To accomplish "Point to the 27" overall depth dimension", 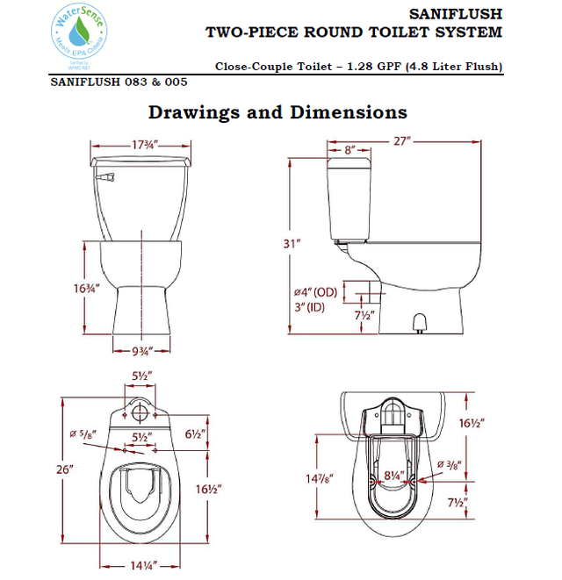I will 403,140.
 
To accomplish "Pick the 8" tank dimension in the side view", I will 349,150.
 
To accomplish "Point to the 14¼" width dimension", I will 140,565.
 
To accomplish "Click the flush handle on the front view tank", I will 108,178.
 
